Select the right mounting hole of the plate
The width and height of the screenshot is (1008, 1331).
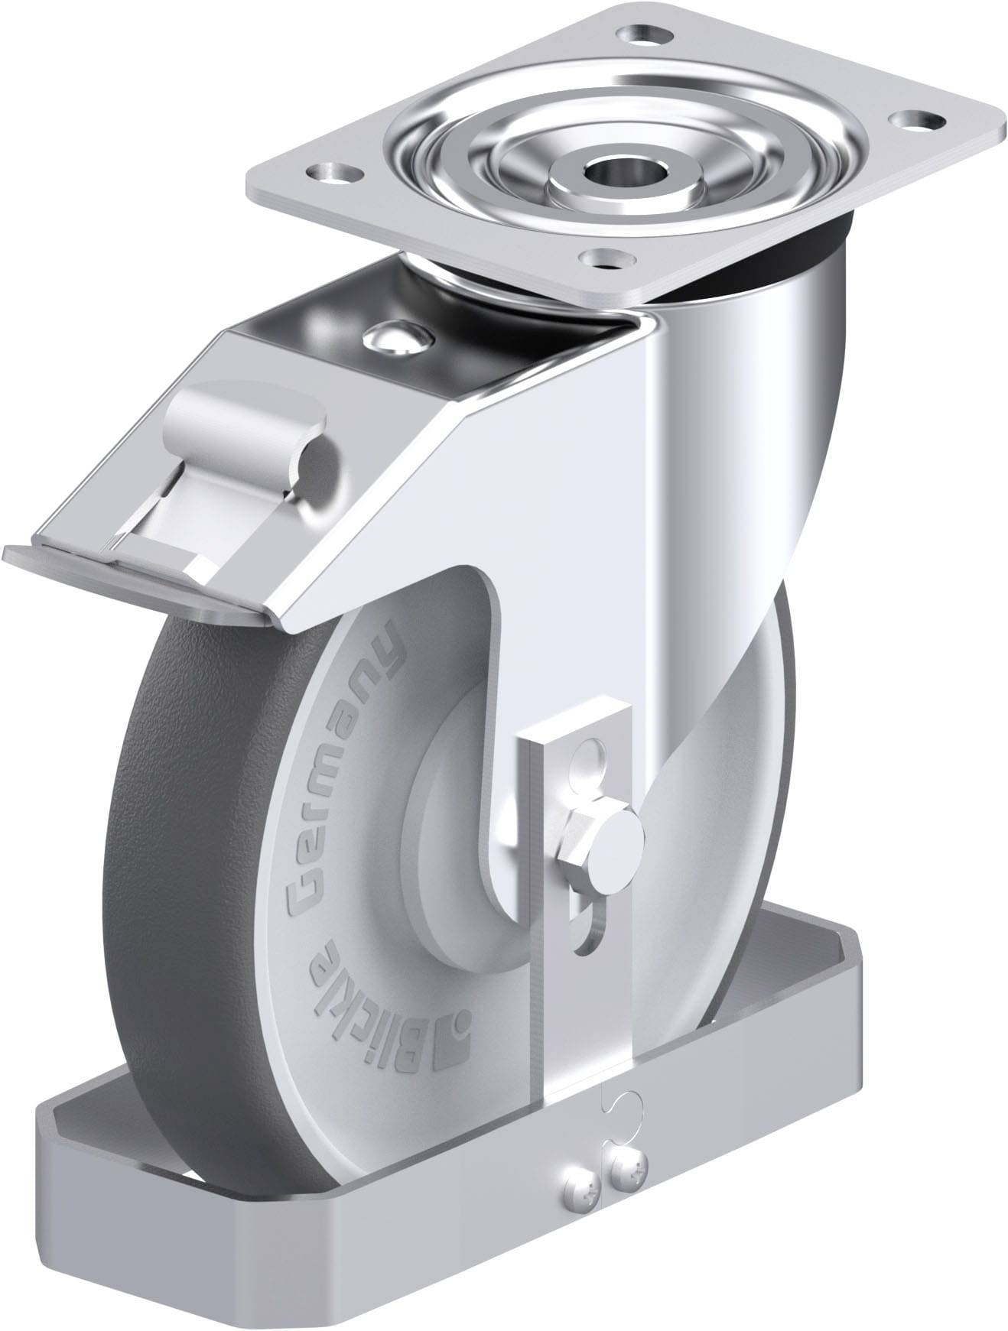click(x=913, y=120)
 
